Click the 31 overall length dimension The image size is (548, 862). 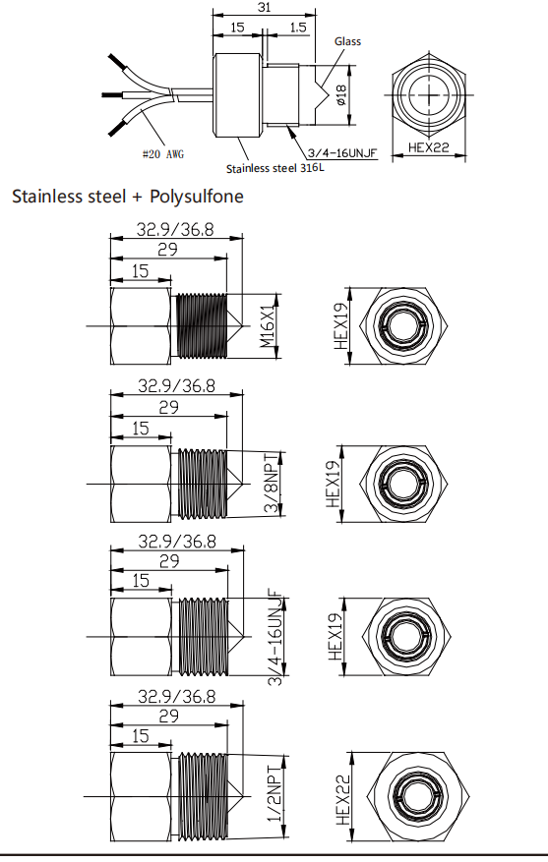click(264, 7)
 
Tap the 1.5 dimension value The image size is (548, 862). click(298, 28)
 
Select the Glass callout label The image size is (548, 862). click(347, 41)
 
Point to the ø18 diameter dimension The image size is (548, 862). click(340, 95)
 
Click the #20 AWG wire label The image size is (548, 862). click(163, 154)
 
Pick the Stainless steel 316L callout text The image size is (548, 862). click(275, 168)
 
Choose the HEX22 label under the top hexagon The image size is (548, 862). click(429, 147)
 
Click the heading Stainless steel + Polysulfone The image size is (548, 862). click(128, 197)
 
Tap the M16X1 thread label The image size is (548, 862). click(268, 325)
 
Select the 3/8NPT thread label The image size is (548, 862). click(274, 484)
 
